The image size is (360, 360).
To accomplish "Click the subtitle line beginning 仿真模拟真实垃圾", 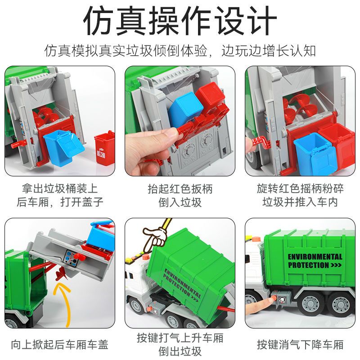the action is click(180, 51).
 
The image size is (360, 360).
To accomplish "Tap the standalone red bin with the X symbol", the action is click(104, 148).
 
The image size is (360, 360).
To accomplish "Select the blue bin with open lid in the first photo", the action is click(63, 147).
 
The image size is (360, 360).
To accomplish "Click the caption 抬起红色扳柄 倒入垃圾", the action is click(180, 196).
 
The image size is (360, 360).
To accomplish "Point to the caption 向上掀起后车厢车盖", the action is click(60, 345).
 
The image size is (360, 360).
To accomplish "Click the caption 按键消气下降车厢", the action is click(300, 345).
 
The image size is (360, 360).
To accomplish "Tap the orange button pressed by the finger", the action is click(274, 298).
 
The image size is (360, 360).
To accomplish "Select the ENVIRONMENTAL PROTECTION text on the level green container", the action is click(315, 261).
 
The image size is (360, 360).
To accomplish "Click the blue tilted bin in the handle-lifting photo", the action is click(185, 108).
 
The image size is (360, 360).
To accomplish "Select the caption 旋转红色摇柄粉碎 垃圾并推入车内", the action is click(300, 196).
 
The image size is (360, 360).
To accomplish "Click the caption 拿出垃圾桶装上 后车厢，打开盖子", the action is click(60, 196).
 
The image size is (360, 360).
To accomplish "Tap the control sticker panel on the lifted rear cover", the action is click(72, 258).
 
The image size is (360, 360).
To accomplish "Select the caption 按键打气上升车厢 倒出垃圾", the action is click(180, 344).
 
